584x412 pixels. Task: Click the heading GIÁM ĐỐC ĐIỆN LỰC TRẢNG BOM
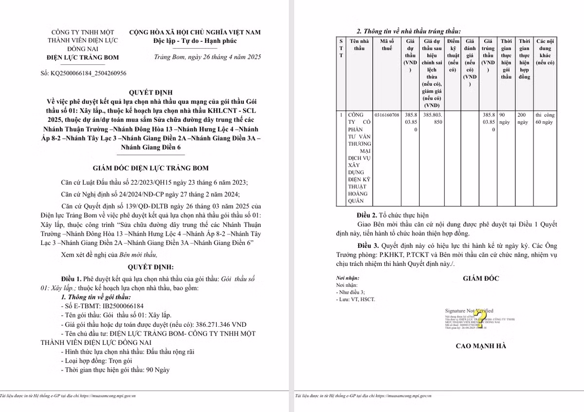pyautogui.click(x=150, y=168)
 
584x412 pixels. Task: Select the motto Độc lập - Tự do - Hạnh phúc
pyautogui.click(x=194, y=41)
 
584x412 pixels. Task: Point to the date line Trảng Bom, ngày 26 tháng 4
pyautogui.click(x=207, y=57)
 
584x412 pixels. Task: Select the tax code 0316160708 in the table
pyautogui.click(x=388, y=115)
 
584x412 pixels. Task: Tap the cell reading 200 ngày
pyautogui.click(x=524, y=119)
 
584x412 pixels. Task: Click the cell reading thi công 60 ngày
pyautogui.click(x=545, y=119)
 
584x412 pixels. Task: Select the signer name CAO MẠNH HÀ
pyautogui.click(x=480, y=346)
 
